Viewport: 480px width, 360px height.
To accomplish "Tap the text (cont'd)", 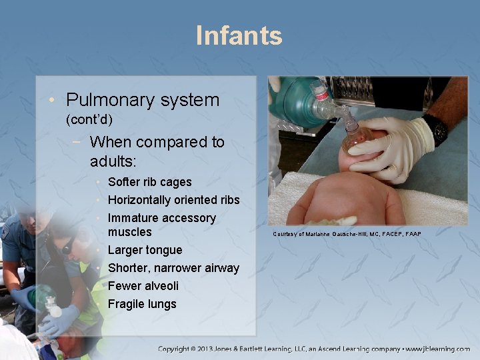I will pyautogui.click(x=89, y=120).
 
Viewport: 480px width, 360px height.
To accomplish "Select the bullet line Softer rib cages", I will pyautogui.click(x=149, y=182).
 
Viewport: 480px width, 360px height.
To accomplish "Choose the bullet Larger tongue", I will pyautogui.click(x=145, y=250).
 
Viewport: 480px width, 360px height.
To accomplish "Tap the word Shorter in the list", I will pyautogui.click(x=128, y=268).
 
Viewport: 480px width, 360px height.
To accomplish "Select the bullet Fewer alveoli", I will pyautogui.click(x=143, y=286).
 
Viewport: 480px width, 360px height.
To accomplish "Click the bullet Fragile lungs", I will pyautogui.click(x=142, y=304).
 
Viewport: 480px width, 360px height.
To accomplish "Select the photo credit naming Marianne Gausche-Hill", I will pyautogui.click(x=347, y=233).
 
